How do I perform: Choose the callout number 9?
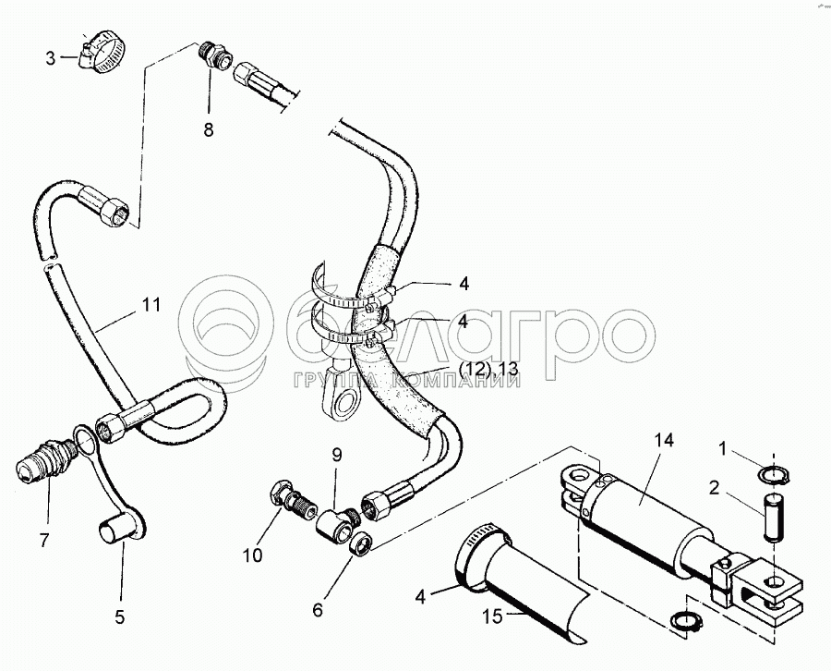coord(336,454)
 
